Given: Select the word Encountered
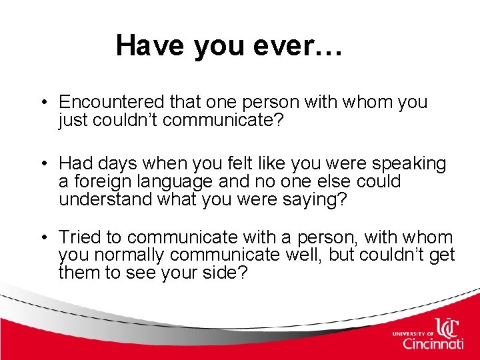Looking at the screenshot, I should coord(111,103).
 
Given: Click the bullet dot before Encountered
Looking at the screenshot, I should coord(42,103).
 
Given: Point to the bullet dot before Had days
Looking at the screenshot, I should coord(42,163).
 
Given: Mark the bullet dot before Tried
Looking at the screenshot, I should coord(42,237).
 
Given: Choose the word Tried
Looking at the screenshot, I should coord(83,237).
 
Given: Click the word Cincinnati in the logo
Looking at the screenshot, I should coord(433,344).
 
